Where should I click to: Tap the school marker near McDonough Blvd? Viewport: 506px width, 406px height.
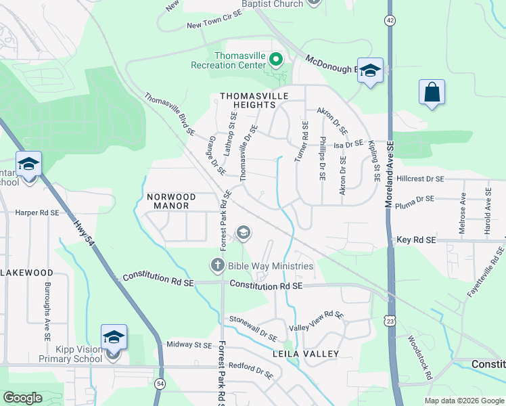[370, 70]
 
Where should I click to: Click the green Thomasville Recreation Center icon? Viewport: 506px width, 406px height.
[275, 60]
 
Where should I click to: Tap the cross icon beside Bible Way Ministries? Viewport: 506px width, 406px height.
[218, 265]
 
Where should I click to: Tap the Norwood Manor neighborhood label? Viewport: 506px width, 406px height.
[171, 202]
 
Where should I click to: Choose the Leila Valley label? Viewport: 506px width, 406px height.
[305, 354]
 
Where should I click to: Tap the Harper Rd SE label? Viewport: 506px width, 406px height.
[37, 212]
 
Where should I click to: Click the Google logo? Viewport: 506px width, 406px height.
[23, 398]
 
